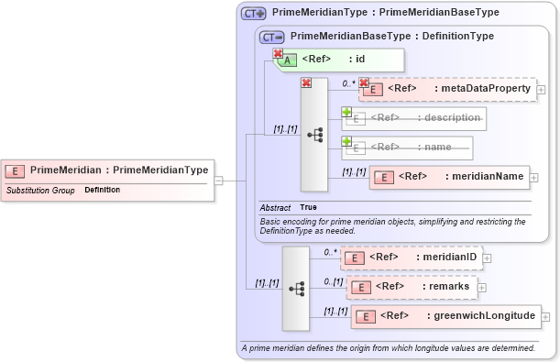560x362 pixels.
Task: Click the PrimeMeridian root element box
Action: [107, 170]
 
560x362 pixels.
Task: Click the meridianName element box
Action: [449, 177]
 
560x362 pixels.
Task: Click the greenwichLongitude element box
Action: [445, 316]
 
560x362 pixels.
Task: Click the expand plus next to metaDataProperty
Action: [542, 90]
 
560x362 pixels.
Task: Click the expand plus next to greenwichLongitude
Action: [547, 317]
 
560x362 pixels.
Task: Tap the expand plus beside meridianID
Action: [488, 258]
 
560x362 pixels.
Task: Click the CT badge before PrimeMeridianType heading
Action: [253, 14]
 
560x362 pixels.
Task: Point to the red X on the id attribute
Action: [278, 53]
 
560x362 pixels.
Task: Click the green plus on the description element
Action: [346, 112]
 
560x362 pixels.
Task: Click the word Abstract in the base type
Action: [276, 207]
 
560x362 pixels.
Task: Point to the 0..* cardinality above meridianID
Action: [330, 251]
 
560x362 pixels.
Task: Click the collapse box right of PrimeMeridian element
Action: [219, 181]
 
